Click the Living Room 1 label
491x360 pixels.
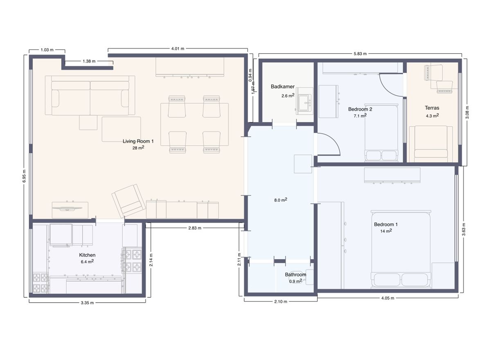click(138, 141)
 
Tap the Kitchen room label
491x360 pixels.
click(87, 255)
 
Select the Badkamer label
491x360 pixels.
click(283, 87)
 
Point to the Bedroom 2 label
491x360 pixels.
click(360, 109)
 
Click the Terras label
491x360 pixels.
click(432, 108)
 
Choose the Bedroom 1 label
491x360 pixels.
click(385, 224)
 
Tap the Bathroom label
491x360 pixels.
click(295, 275)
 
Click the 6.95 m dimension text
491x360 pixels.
click(24, 176)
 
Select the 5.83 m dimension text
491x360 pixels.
click(360, 54)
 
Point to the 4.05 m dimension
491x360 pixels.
click(388, 298)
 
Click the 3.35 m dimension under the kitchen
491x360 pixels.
click(87, 303)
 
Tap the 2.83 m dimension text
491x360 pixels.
click(195, 228)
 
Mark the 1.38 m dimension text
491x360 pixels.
click(89, 61)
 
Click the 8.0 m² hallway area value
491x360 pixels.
click(281, 200)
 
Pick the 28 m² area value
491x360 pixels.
click(138, 147)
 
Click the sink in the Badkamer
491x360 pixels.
click(304, 101)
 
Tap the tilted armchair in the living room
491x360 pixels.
click(128, 200)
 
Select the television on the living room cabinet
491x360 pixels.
click(68, 208)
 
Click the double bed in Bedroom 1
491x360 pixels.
click(401, 250)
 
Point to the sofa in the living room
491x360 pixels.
click(90, 95)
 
